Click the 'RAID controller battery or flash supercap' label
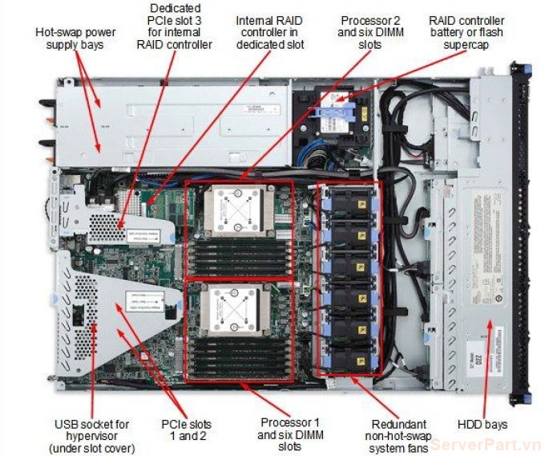466,32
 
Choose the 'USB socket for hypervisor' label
92,434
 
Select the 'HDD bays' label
482,423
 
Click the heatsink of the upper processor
234,211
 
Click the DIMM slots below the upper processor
240,259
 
